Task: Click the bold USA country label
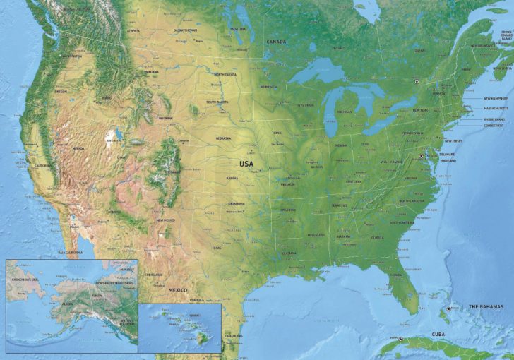(x=246, y=163)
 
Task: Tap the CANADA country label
(x=276, y=42)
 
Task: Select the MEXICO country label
(x=177, y=290)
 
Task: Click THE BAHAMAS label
(x=486, y=306)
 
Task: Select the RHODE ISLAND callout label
(x=496, y=119)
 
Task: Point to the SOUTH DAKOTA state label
(x=217, y=102)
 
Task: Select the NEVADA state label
(x=78, y=148)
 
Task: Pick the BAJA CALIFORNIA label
(x=71, y=252)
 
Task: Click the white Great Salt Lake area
(x=111, y=134)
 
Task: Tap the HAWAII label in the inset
(x=195, y=316)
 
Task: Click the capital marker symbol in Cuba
(x=400, y=340)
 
